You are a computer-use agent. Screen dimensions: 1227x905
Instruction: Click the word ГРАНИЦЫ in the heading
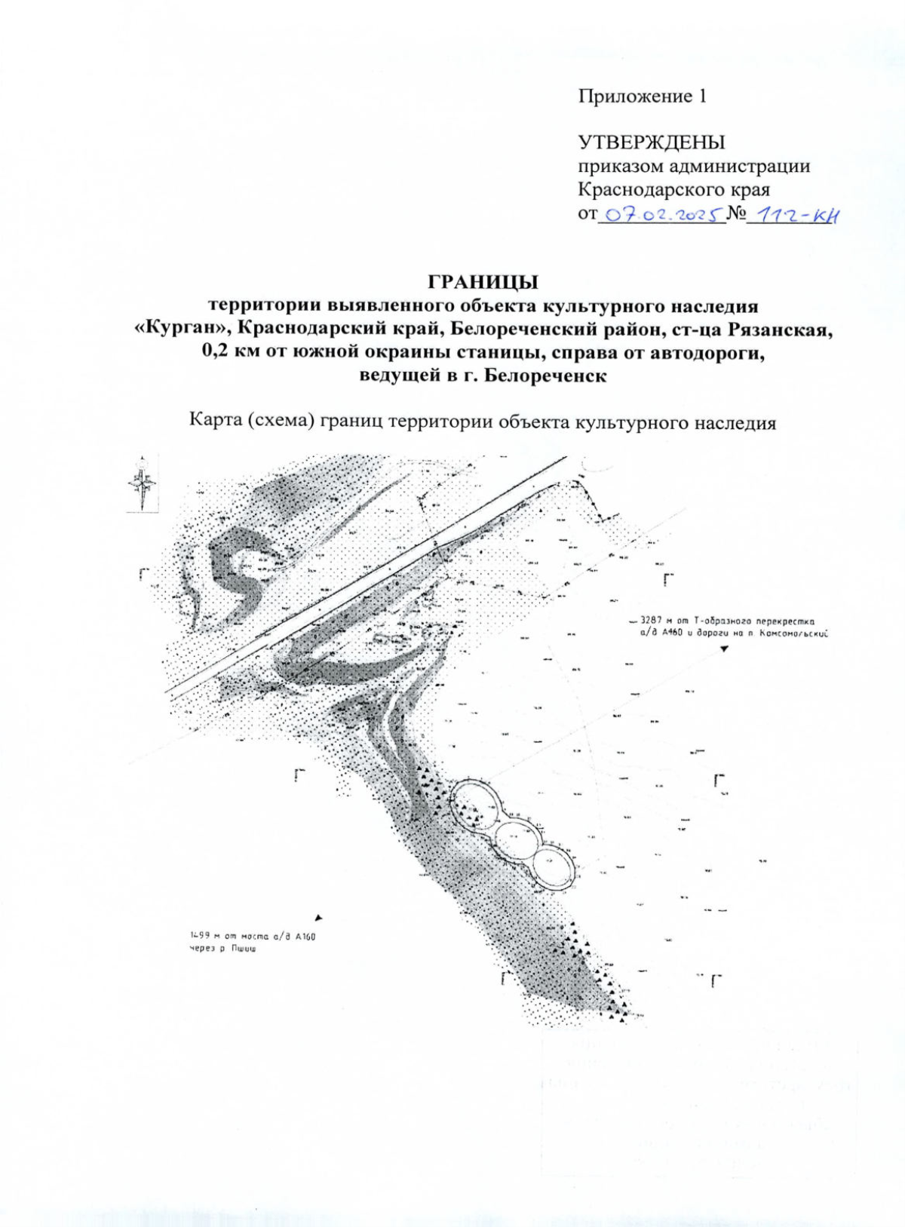pyautogui.click(x=483, y=282)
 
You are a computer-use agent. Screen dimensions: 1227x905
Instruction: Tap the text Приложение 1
pyautogui.click(x=643, y=97)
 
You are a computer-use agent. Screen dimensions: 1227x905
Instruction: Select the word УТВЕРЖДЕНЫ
pyautogui.click(x=651, y=143)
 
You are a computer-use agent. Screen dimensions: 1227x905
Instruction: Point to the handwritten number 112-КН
pyautogui.click(x=796, y=215)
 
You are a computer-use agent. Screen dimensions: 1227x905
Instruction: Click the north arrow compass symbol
pyautogui.click(x=143, y=483)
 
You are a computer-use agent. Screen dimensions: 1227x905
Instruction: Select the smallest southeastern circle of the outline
pyautogui.click(x=554, y=866)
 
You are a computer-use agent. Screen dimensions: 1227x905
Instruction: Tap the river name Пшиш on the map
pyautogui.click(x=244, y=949)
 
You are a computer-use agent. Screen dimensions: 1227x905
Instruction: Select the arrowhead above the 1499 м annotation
pyautogui.click(x=318, y=918)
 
